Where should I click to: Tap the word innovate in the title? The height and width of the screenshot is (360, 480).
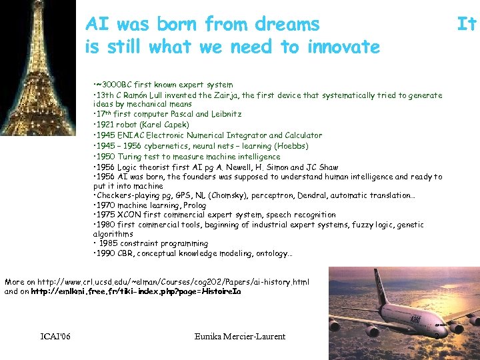[x=343, y=47]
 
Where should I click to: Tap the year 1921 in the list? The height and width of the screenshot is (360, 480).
[x=105, y=125]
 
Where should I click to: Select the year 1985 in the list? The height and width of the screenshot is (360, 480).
[x=109, y=244]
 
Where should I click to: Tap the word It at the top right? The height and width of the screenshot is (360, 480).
[x=466, y=25]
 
